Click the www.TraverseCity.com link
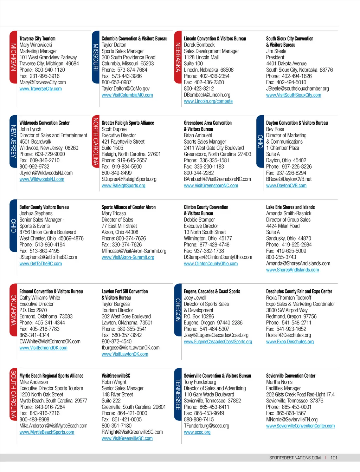click(40, 89)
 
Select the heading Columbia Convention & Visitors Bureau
click(134, 39)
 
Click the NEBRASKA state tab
click(178, 57)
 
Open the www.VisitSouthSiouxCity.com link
click(294, 95)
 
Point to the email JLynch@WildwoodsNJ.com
click(46, 173)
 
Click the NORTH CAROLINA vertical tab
click(96, 141)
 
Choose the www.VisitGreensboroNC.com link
click(211, 186)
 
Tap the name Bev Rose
click(275, 129)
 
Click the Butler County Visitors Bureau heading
click(44, 207)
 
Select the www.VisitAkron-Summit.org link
click(128, 257)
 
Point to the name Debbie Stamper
click(199, 220)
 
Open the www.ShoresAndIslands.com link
click(292, 270)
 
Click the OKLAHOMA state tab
click(13, 310)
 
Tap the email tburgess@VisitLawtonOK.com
click(130, 348)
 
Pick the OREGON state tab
click(178, 310)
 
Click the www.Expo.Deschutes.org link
click(290, 342)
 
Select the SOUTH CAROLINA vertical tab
click(13, 394)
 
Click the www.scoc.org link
click(197, 432)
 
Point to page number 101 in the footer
click(334, 458)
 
